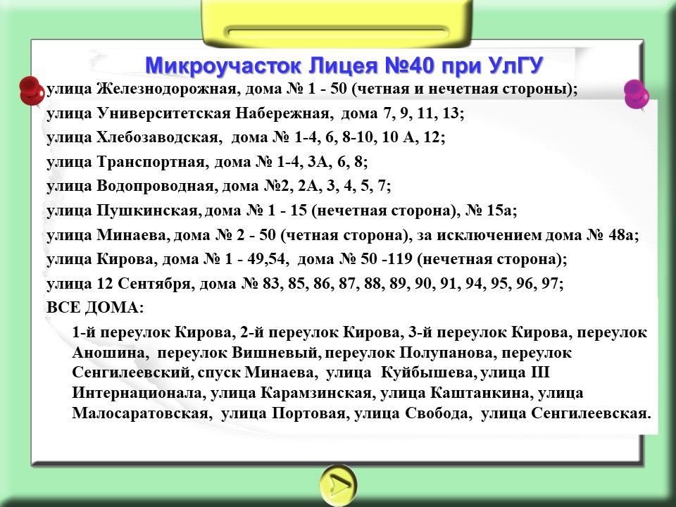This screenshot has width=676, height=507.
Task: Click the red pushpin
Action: tap(32, 91)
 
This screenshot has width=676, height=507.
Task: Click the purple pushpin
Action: tap(637, 94)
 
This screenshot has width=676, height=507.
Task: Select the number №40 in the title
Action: tap(408, 65)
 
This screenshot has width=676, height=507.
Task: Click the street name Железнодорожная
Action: tap(166, 89)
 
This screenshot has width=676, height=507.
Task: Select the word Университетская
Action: tap(164, 113)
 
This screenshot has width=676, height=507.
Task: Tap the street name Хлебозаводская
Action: tap(157, 137)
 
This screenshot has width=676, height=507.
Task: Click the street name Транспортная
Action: tap(150, 162)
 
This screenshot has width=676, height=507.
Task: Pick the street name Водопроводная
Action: tap(156, 186)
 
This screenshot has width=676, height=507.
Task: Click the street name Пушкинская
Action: tap(147, 211)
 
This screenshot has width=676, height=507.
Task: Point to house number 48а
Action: tap(621, 235)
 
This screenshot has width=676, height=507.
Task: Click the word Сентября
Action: tap(154, 284)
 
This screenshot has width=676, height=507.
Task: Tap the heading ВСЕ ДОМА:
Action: tap(95, 308)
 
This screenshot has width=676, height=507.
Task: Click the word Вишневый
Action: tap(275, 353)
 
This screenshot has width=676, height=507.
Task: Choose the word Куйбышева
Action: tap(427, 373)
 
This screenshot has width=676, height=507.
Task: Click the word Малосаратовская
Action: tap(139, 413)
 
